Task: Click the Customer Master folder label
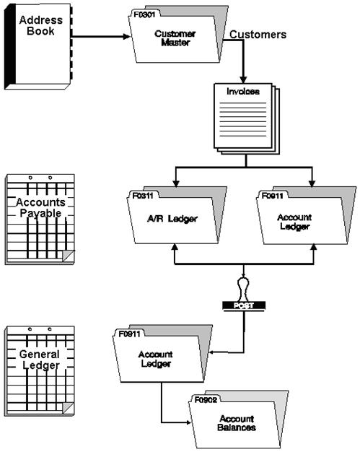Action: tap(175, 38)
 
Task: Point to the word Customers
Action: tap(258, 34)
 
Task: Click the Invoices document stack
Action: tap(245, 119)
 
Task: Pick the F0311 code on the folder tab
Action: tap(142, 195)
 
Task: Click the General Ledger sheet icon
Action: tap(40, 368)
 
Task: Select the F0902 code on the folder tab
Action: tap(206, 399)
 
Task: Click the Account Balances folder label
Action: tap(237, 422)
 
